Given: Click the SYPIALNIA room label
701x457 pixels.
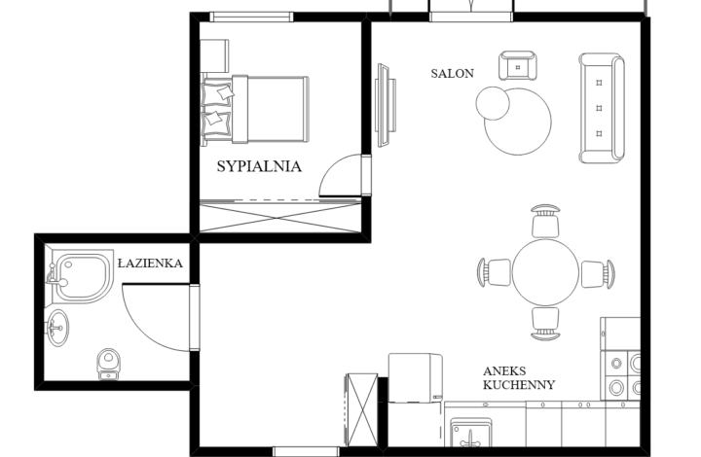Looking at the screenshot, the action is (x=259, y=166).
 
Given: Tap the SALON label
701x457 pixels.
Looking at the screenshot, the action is (x=452, y=73).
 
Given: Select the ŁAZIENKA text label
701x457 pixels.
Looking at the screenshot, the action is (x=150, y=263).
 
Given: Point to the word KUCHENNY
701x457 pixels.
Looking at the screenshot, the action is (x=519, y=385).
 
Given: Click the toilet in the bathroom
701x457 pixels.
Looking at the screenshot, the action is (x=108, y=365).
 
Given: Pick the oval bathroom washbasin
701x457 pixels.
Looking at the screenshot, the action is (x=57, y=328).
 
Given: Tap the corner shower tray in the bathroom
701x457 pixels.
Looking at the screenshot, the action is (x=82, y=277).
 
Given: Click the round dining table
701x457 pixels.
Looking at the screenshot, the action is (x=545, y=272).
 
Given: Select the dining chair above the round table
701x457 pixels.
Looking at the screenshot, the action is (x=545, y=221).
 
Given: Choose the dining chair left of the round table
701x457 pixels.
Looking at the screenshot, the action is (x=494, y=272).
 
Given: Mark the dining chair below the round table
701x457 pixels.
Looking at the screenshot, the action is (x=545, y=324).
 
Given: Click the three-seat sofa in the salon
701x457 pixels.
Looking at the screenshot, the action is (x=602, y=108).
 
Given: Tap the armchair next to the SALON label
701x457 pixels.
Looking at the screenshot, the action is (x=518, y=65).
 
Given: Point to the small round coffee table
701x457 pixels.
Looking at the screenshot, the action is (x=493, y=103).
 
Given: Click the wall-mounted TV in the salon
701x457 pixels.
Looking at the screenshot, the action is (x=385, y=105).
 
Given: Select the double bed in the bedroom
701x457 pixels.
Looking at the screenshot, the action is (x=255, y=110).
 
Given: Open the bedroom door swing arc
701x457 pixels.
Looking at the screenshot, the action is (x=331, y=167).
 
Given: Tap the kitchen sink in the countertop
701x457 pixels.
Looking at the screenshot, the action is (x=471, y=433).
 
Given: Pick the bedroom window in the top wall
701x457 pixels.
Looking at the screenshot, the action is (x=252, y=17).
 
